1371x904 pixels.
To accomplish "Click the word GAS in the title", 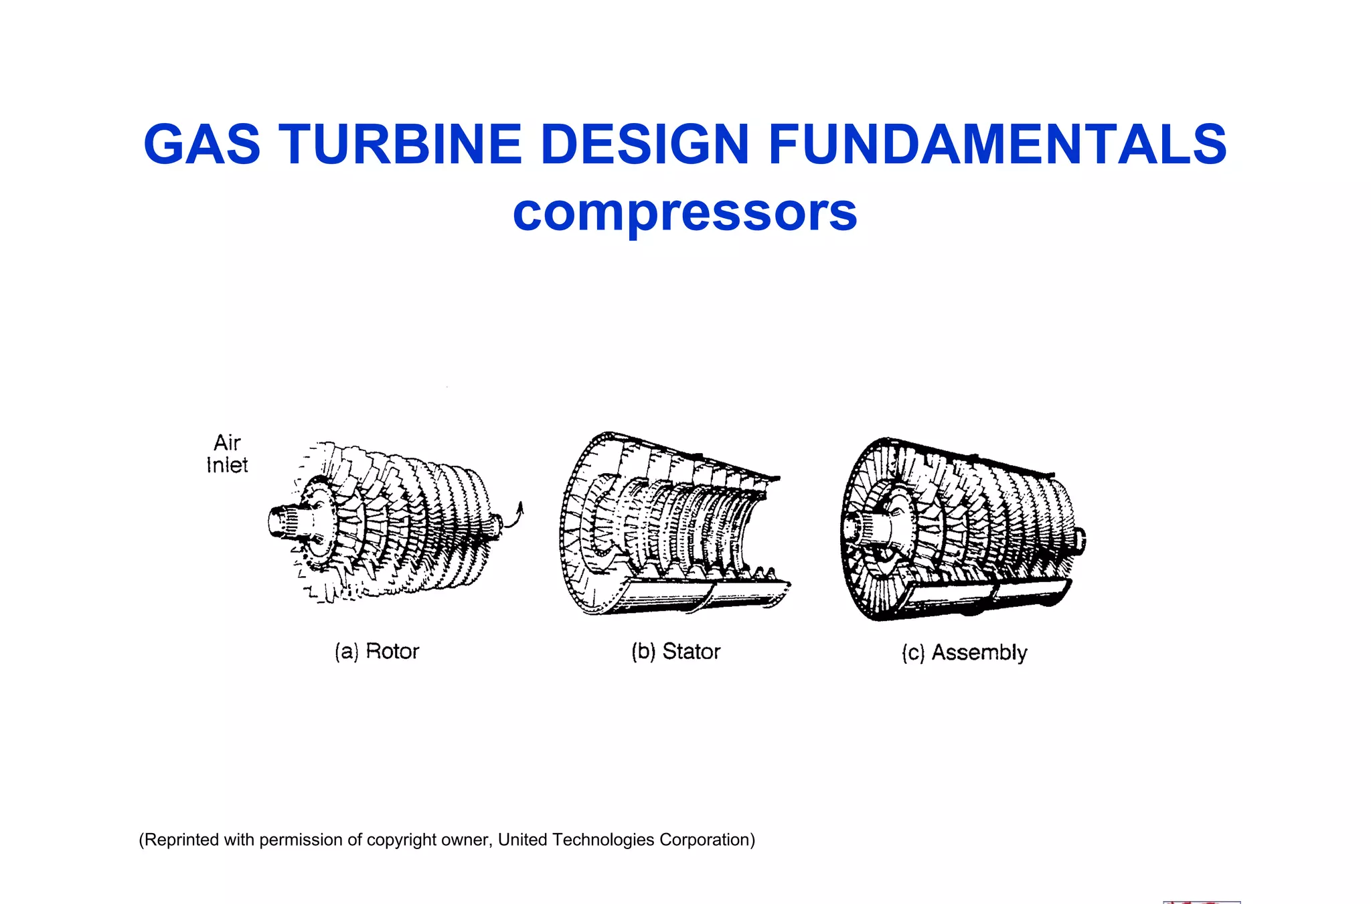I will point(201,145).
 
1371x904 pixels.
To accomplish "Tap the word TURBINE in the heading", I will point(400,145).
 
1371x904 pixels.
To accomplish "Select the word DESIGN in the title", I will point(644,145).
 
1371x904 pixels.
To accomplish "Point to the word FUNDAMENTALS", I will point(997,145).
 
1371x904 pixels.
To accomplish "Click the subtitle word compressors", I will point(685,213).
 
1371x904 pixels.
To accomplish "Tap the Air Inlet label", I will point(227,454).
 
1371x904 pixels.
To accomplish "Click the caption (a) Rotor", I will point(377,651).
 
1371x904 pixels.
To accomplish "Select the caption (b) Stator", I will point(675,651).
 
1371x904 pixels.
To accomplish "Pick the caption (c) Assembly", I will point(964,652).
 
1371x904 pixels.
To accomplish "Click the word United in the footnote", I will point(523,840).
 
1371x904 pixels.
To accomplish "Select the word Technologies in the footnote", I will point(603,840).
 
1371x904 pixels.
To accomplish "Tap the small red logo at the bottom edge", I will point(1202,901).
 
